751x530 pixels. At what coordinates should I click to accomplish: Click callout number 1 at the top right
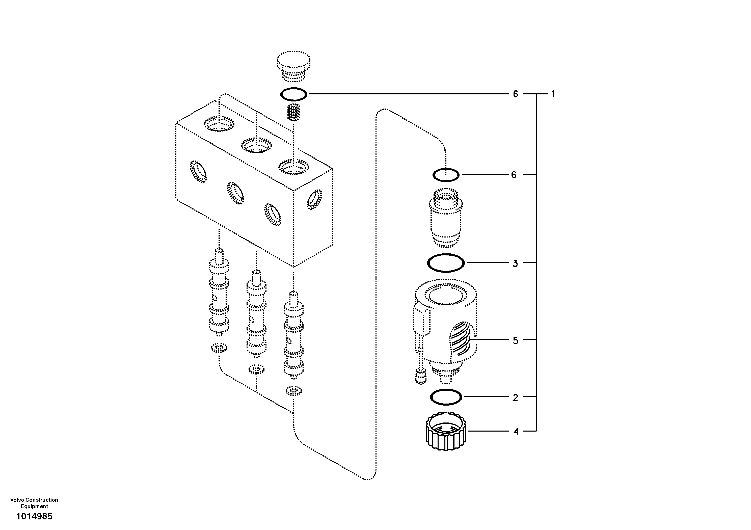[553, 94]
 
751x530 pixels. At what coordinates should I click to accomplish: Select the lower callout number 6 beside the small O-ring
[514, 175]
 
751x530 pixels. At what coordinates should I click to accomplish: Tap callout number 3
[515, 263]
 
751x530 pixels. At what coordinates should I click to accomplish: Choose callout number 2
[515, 397]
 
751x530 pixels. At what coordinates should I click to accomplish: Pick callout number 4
[516, 432]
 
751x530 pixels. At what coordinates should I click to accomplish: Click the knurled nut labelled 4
[446, 432]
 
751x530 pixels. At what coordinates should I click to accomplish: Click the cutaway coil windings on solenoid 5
[461, 339]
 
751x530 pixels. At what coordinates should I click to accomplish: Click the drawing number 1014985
[34, 517]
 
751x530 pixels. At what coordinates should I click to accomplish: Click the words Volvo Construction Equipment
[34, 503]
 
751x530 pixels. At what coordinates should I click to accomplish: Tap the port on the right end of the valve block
[314, 199]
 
